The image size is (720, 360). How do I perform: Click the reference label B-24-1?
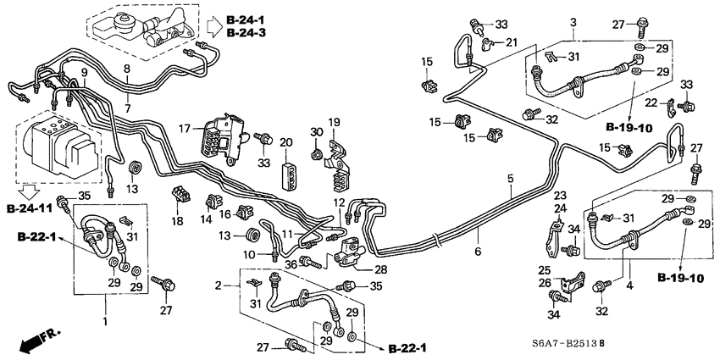tap(246, 19)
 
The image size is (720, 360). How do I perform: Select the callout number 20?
tap(285, 142)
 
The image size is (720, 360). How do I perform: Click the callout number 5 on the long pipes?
tap(511, 178)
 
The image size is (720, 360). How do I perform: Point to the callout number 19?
tap(334, 122)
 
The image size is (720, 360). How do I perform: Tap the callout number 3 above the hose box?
tap(573, 21)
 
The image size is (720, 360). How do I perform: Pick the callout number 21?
tap(512, 42)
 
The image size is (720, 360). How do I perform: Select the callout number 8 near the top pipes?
tap(126, 69)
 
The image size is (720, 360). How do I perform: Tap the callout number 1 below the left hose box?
tap(107, 322)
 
